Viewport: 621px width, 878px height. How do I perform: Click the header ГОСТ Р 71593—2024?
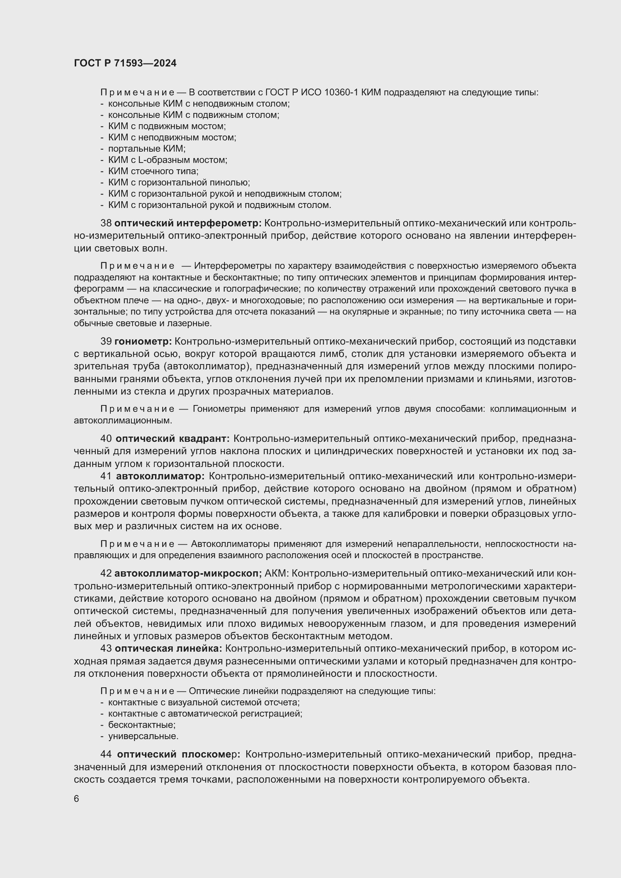[125, 63]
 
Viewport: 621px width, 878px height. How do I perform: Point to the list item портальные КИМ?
[147, 149]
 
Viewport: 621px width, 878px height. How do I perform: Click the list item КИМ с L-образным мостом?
[167, 160]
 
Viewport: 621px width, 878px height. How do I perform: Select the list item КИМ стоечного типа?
[153, 171]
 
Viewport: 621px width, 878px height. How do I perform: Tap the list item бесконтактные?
[142, 724]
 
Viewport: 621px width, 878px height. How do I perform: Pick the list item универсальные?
[143, 736]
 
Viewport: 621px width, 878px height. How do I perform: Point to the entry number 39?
[106, 342]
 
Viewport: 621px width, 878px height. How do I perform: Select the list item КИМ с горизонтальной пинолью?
[179, 182]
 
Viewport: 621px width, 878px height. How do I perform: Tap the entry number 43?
[106, 648]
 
